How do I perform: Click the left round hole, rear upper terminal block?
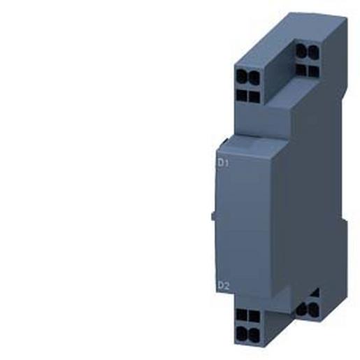tap(300, 50)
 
